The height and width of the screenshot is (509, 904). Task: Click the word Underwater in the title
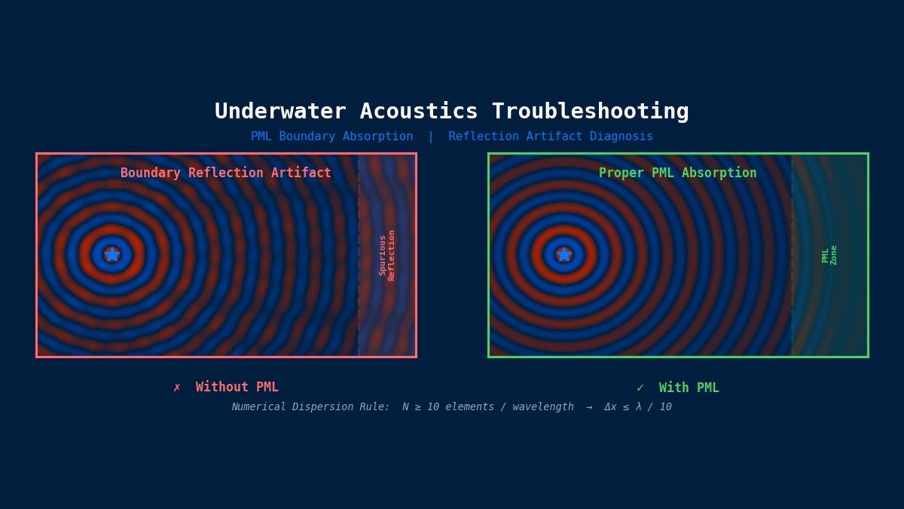280,112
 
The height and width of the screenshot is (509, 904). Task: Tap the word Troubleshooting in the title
590,112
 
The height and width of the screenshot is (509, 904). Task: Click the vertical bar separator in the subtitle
431,136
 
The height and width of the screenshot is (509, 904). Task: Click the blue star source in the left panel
112,255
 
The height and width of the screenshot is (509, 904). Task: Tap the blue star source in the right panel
564,255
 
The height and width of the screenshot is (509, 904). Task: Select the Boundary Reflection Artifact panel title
226,173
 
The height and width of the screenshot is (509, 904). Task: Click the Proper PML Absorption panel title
678,173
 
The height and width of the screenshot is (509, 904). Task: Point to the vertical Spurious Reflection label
387,255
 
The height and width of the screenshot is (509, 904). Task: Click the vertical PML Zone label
829,255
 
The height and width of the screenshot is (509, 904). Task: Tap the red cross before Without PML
177,388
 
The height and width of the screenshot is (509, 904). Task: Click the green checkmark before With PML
640,388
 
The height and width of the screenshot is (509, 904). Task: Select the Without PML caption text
237,388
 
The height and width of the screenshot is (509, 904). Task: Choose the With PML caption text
689,388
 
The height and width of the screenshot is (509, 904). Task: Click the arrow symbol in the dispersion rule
589,407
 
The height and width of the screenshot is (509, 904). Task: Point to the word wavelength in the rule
543,407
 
